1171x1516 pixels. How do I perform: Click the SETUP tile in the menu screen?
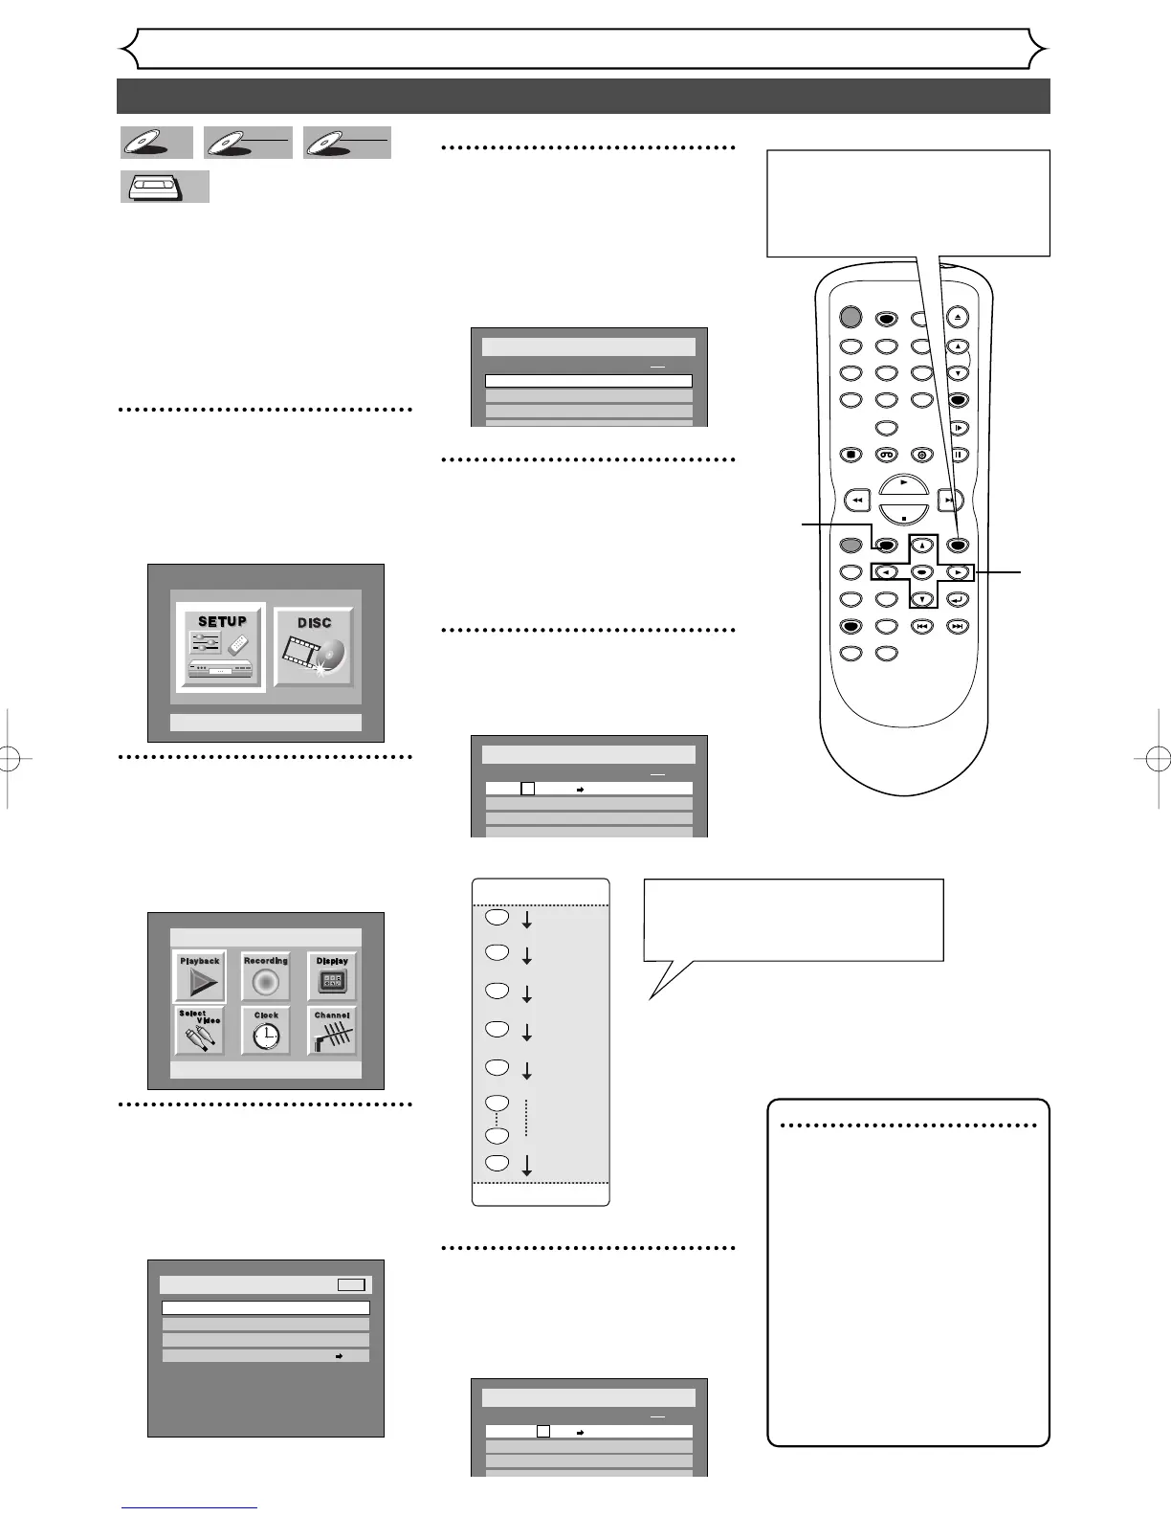coord(221,648)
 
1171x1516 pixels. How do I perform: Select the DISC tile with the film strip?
coord(314,647)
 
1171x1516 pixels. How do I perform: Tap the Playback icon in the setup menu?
coord(200,976)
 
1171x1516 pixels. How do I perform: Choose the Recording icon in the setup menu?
coord(266,976)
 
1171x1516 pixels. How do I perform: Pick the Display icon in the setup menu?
coord(332,976)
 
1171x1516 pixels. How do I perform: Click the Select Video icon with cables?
coord(200,1031)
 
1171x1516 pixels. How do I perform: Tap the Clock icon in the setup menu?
coord(266,1031)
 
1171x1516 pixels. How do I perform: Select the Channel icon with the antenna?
coord(332,1031)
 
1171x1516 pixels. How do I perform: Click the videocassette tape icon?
coord(164,187)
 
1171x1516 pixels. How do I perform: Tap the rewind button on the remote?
coord(857,500)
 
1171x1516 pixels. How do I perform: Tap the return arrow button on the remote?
coord(958,600)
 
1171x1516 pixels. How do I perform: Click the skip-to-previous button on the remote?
coord(921,627)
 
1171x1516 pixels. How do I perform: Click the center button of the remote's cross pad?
coord(921,572)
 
